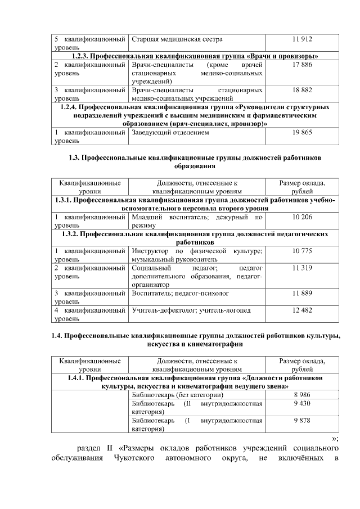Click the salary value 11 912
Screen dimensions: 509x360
[x=303, y=39]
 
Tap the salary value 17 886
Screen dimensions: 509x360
[x=303, y=65]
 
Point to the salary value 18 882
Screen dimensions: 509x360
[x=303, y=90]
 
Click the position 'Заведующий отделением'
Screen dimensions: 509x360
[x=170, y=133]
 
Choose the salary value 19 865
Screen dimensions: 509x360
[x=303, y=133]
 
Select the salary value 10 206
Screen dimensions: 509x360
[x=303, y=217]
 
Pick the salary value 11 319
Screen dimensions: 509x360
[x=303, y=268]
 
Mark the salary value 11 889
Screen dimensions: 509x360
[x=303, y=294]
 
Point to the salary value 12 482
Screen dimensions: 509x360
[x=303, y=310]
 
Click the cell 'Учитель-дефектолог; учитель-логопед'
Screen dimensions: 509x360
[x=191, y=310]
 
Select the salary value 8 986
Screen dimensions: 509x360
[x=303, y=395]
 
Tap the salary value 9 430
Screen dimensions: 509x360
[x=303, y=404]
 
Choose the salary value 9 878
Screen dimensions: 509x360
[x=303, y=420]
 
